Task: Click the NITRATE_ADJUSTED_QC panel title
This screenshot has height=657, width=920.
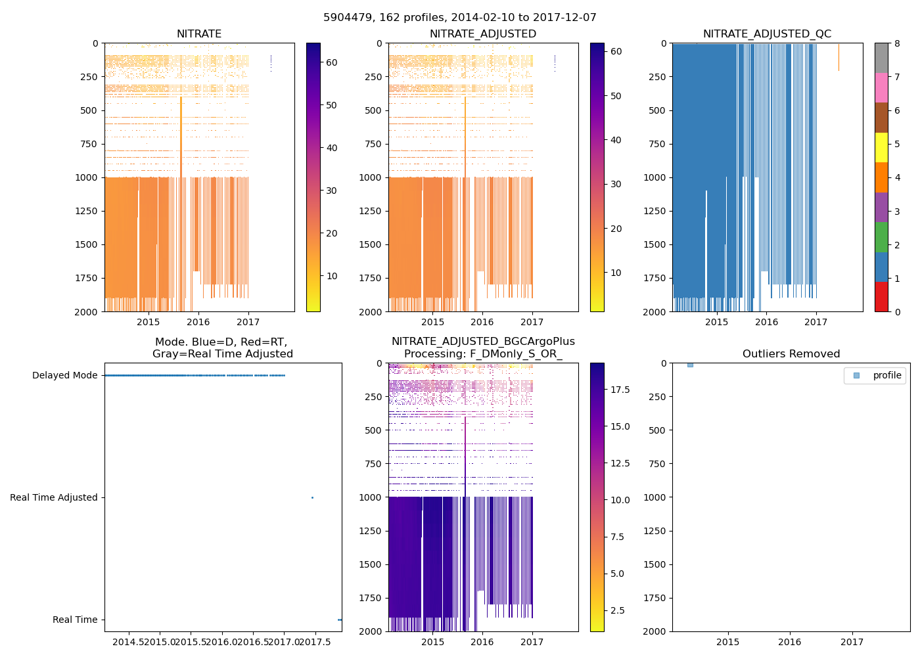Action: pos(767,34)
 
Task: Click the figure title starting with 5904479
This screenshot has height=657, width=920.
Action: pos(460,18)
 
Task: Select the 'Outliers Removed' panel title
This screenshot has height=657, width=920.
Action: pos(791,354)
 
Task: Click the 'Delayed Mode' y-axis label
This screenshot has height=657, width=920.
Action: pos(64,376)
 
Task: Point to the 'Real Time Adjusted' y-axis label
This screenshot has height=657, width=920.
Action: pos(53,498)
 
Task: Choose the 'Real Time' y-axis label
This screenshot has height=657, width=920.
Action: pos(75,620)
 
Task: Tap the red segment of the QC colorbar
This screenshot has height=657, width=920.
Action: pos(881,297)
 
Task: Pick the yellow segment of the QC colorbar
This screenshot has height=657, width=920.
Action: pos(881,148)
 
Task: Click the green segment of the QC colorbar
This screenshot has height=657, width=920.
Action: pos(881,237)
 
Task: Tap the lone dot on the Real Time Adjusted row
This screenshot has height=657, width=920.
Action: pos(312,498)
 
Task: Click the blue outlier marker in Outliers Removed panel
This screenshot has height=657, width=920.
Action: pos(690,365)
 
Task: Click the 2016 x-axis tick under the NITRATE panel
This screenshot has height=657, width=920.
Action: pos(198,322)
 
